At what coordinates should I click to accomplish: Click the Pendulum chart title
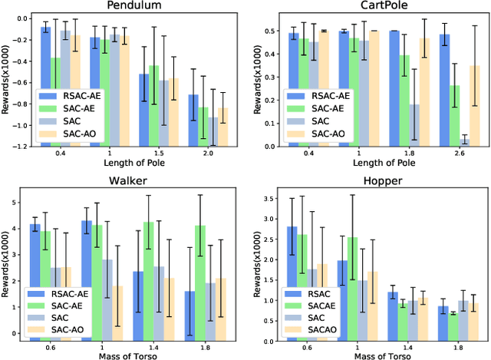(x=130, y=6)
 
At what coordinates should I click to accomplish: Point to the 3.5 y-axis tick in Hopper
(x=265, y=198)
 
